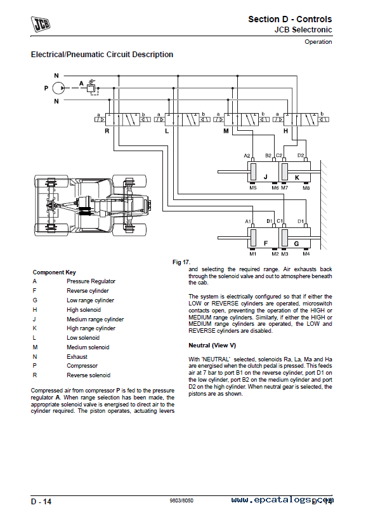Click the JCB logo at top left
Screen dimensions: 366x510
[40, 24]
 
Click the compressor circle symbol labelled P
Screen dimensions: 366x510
[58, 88]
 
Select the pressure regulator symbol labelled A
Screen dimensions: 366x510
[91, 88]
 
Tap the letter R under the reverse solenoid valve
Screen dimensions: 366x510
[107, 131]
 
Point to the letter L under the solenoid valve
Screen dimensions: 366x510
[167, 131]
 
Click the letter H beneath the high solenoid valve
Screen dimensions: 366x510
[286, 131]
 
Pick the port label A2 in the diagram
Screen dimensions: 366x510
[247, 156]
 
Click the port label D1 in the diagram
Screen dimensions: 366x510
[301, 221]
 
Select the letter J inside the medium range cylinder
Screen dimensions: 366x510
[265, 177]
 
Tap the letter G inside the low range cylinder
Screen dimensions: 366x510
[296, 244]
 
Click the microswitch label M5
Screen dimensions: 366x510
[253, 187]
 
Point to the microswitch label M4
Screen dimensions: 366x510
[306, 253]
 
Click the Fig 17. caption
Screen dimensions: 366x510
[181, 262]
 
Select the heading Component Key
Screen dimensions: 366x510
[55, 272]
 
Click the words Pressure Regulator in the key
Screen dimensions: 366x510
[91, 281]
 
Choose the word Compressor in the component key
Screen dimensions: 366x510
[82, 366]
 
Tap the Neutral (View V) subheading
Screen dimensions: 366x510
[212, 346]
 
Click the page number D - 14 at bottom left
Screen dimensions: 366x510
[41, 502]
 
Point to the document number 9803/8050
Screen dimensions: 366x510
[181, 500]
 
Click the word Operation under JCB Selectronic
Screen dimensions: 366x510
[318, 42]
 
